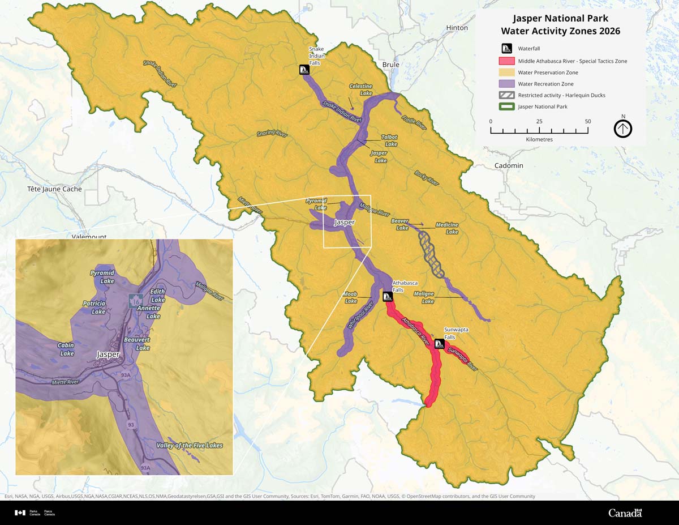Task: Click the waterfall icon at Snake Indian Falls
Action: pos(304,70)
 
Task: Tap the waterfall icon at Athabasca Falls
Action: pos(388,297)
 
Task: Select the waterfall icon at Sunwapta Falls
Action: pos(439,344)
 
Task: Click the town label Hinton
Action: pos(457,28)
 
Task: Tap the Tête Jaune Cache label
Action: pos(55,189)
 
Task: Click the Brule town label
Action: pos(390,65)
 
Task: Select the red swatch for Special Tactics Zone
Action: pos(506,61)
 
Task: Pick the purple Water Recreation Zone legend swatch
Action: pos(506,84)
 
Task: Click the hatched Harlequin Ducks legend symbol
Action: pos(506,95)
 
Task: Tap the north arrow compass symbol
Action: pos(623,129)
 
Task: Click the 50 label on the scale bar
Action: pos(587,121)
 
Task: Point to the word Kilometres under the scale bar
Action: pos(539,139)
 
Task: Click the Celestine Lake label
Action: pos(360,89)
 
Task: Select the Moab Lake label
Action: pos(351,297)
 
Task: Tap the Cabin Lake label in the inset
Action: pos(66,349)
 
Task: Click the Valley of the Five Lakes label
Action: pos(190,445)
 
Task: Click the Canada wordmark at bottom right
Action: pos(625,513)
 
